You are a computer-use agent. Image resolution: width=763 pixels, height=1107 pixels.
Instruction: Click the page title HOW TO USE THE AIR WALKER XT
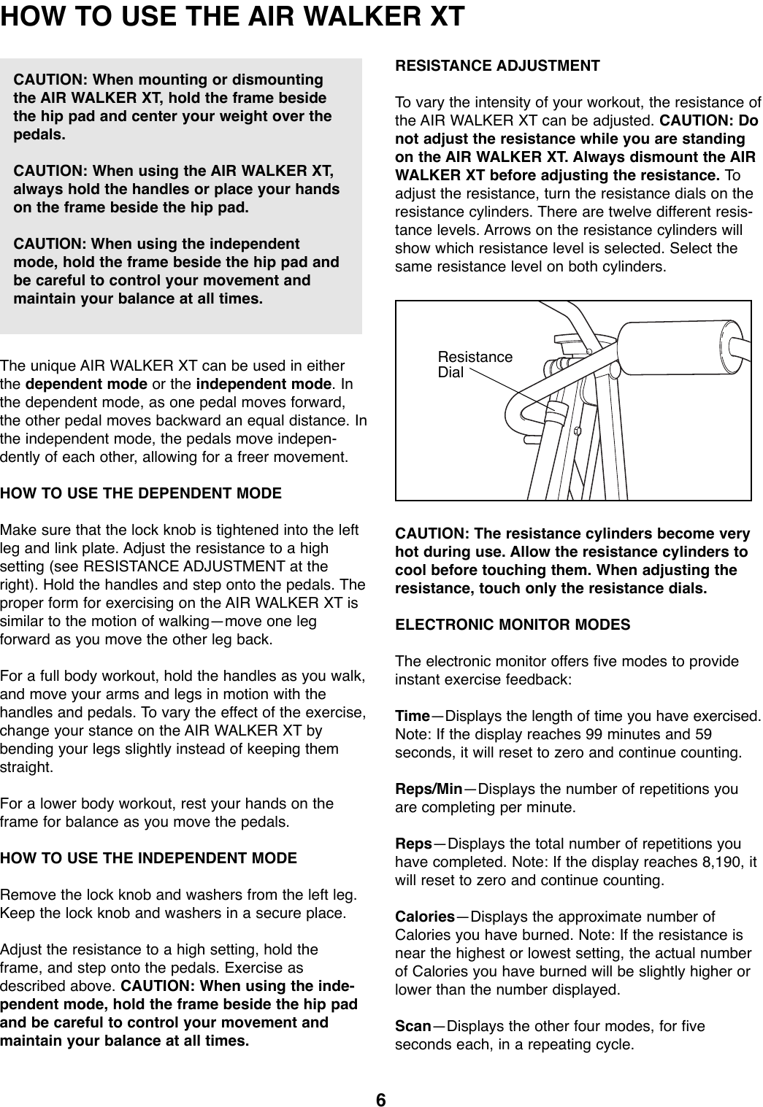coord(232,16)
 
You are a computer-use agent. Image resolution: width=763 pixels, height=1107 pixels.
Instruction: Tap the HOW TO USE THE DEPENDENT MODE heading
coord(141,493)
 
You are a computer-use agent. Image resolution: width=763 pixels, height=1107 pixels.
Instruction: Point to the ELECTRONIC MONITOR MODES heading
coord(513,625)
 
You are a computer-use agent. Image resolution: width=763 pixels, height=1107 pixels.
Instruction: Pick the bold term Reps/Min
coord(429,790)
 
